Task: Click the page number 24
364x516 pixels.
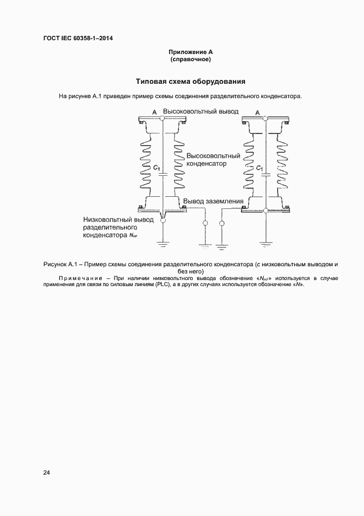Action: tap(47, 472)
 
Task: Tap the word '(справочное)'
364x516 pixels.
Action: tap(191, 58)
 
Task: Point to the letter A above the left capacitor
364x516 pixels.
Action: tap(155, 112)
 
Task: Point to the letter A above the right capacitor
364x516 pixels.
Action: tap(258, 112)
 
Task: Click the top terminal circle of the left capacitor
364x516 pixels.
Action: tap(161, 118)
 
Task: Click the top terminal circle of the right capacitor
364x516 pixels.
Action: tap(265, 118)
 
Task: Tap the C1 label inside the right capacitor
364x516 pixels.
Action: tap(259, 167)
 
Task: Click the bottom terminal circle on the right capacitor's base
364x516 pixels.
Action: tap(265, 210)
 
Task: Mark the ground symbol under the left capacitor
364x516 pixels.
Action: tap(162, 241)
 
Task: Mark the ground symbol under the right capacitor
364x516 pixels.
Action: tap(265, 241)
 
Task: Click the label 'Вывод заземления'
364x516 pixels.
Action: tap(213, 201)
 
